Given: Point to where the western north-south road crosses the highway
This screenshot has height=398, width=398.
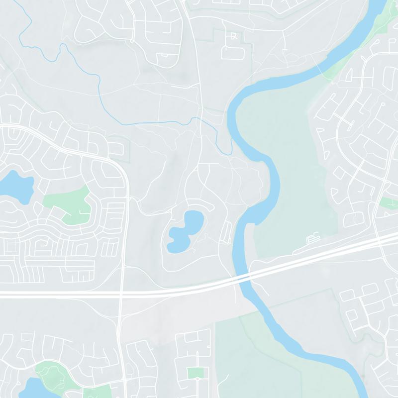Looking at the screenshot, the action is coord(121,293).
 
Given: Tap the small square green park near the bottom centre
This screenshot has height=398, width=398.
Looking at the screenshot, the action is coord(196,373).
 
